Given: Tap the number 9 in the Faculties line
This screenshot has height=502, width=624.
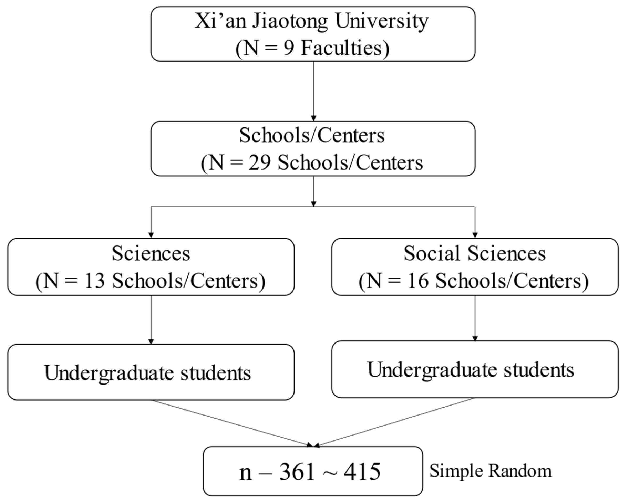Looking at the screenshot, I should click(x=289, y=48).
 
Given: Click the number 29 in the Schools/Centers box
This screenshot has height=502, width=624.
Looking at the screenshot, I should click(x=259, y=163).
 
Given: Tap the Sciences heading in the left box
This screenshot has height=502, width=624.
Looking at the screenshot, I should click(x=151, y=254).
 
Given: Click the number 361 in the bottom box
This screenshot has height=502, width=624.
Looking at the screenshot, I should click(x=297, y=472).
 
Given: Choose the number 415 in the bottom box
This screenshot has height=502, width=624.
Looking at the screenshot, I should click(x=362, y=472).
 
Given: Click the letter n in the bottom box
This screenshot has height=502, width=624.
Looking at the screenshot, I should click(x=245, y=473).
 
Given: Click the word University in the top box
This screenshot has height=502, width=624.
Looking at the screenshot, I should click(x=381, y=21).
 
